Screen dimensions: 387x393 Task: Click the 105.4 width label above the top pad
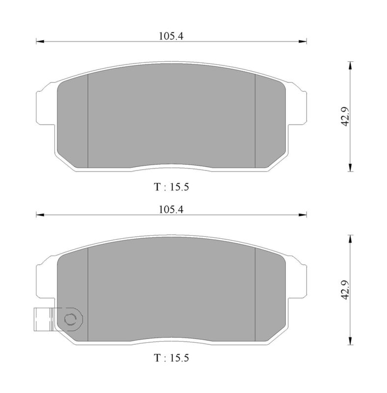click(x=171, y=36)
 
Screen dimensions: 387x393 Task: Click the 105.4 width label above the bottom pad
click(x=171, y=210)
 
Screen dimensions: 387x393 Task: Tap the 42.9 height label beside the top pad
click(x=346, y=116)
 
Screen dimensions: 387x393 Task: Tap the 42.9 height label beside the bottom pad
click(x=346, y=290)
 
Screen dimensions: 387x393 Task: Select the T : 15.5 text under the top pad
click(x=171, y=187)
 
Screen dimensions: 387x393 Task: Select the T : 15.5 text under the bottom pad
click(x=171, y=358)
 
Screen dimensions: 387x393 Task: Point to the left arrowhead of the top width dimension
click(x=40, y=41)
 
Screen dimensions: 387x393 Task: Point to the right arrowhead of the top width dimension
click(x=303, y=41)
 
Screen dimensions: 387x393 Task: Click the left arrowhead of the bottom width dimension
click(x=40, y=215)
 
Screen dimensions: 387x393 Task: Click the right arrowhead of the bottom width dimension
click(x=303, y=215)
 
